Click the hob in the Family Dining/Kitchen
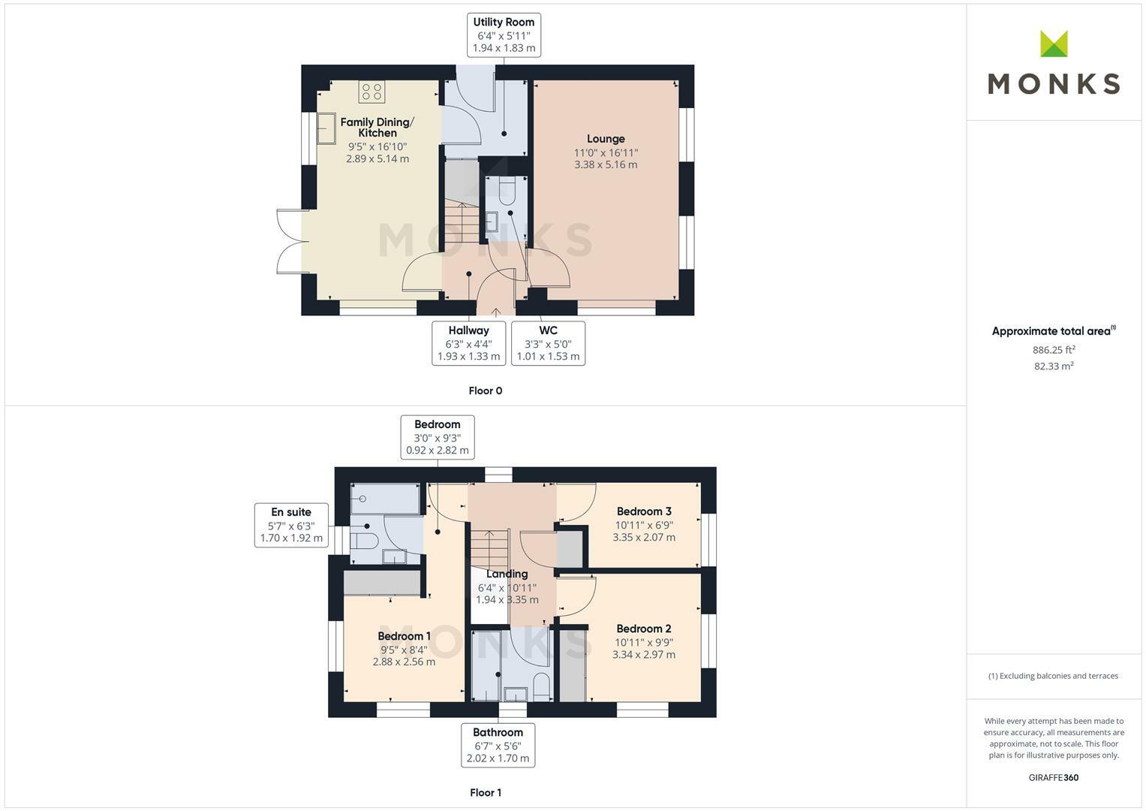click(x=371, y=92)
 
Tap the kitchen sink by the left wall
click(x=326, y=128)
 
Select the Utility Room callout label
click(x=504, y=35)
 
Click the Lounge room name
click(x=606, y=139)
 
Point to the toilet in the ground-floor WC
click(x=505, y=191)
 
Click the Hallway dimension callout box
click(x=468, y=343)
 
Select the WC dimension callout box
click(x=548, y=343)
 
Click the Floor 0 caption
click(x=485, y=390)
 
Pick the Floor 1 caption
click(x=485, y=792)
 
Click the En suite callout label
click(x=291, y=525)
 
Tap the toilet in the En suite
click(x=365, y=541)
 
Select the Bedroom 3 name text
click(x=643, y=511)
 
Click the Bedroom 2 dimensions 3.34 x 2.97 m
click(x=643, y=654)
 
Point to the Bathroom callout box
click(x=498, y=745)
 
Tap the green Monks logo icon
click(x=1054, y=44)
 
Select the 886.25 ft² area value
click(x=1054, y=350)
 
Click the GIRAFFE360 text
click(x=1053, y=778)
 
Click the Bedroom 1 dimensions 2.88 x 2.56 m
click(x=404, y=662)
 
